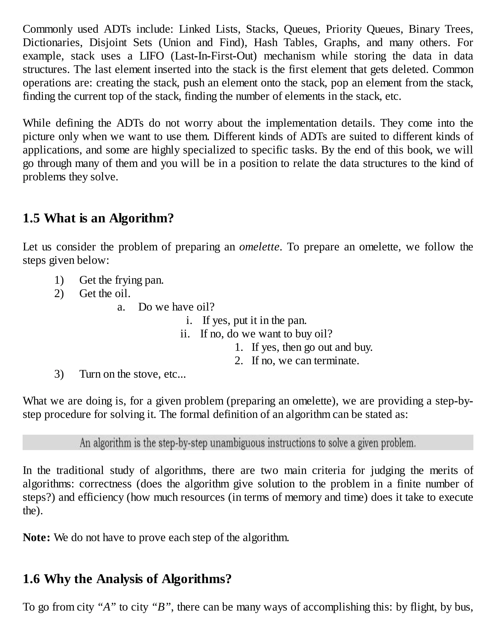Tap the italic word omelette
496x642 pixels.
259,247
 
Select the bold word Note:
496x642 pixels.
36,537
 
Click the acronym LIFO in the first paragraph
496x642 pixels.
152,56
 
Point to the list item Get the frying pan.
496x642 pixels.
121,280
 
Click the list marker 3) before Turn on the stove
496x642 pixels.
59,374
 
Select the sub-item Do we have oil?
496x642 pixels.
176,307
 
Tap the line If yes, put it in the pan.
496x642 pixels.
255,321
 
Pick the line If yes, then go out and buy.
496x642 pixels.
312,347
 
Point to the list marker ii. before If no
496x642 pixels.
185,334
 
